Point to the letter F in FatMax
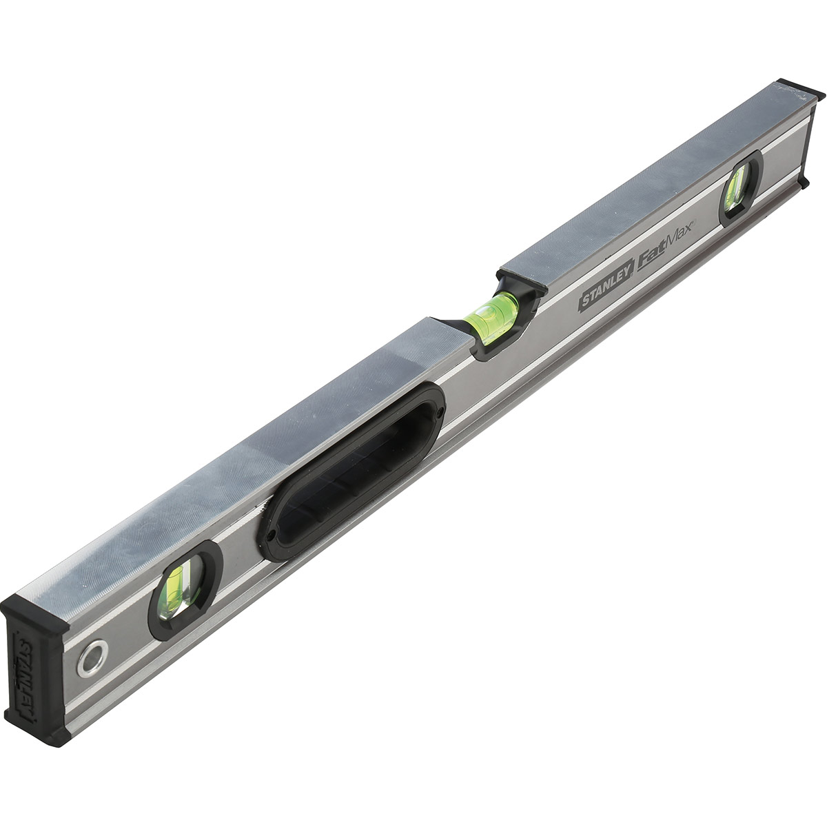644,259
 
